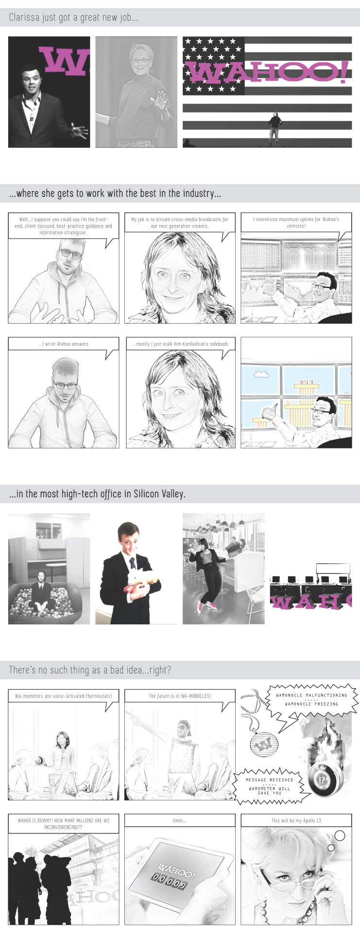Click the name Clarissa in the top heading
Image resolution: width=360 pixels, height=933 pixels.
click(23, 17)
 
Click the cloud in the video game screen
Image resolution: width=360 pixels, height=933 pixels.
click(262, 374)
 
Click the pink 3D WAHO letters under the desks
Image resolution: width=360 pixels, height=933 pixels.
click(310, 601)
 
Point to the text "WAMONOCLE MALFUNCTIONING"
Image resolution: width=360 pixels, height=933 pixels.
click(311, 695)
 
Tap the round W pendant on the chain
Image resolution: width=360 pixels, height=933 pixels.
click(262, 744)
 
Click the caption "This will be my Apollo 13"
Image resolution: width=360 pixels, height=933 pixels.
click(296, 821)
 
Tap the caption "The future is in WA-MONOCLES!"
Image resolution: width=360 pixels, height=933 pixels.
click(180, 696)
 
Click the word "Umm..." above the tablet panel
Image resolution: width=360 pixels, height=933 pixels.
click(180, 821)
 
